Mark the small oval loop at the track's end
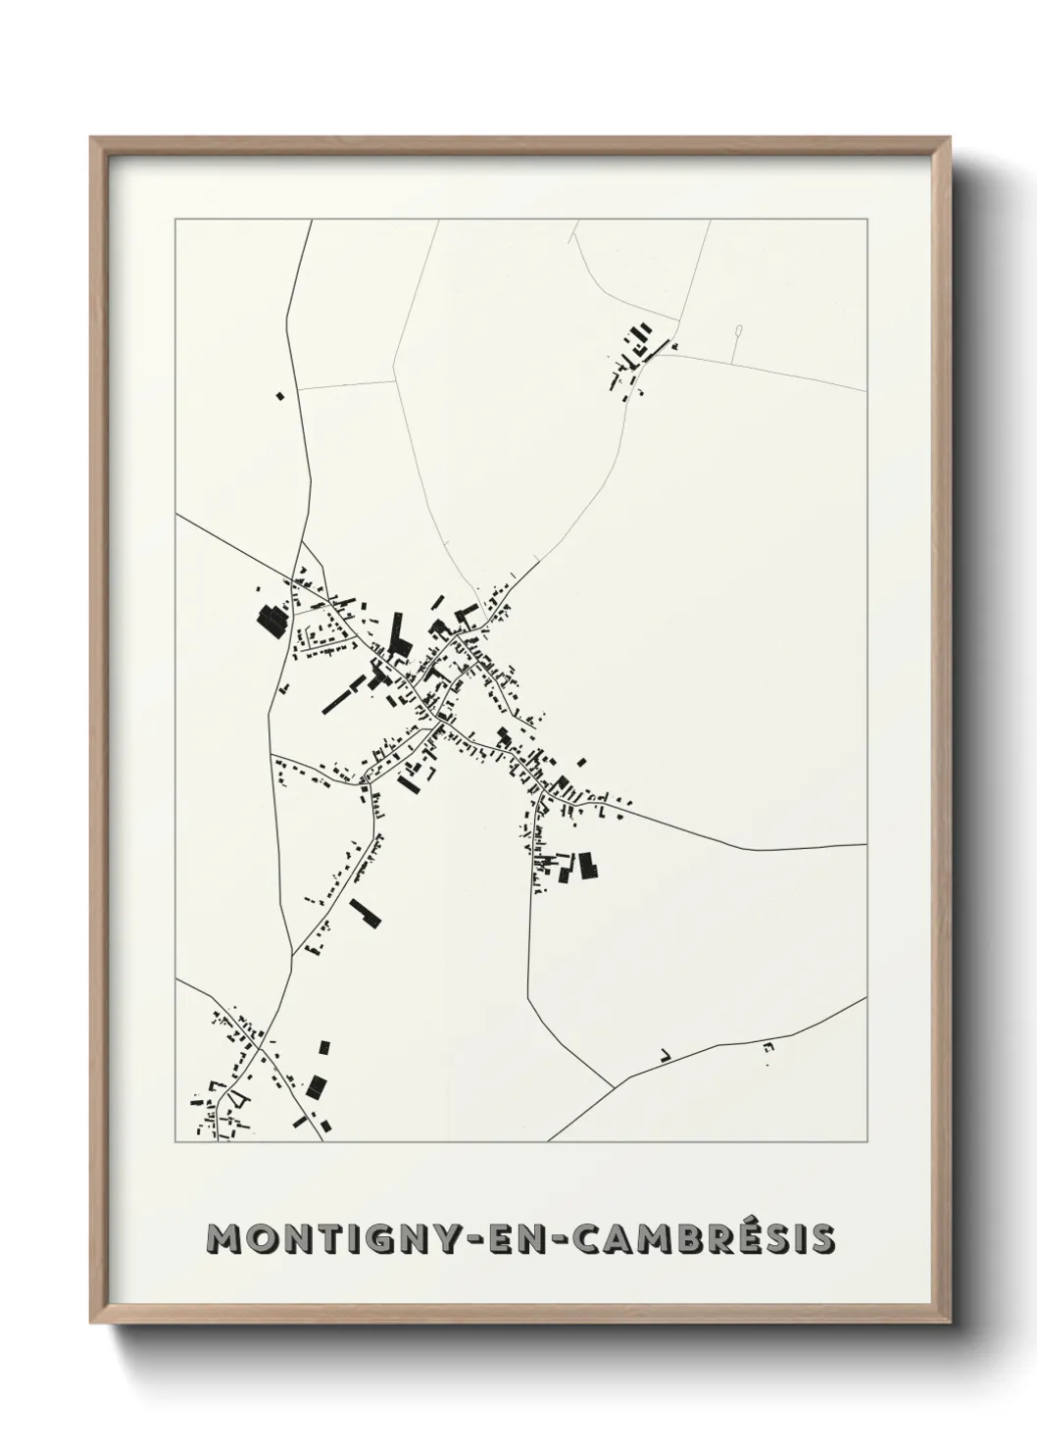pos(738,333)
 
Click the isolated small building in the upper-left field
pos(279,396)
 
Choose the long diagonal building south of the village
pos(366,912)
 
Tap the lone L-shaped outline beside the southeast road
pos(666,1055)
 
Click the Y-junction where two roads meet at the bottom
pos(614,1087)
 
